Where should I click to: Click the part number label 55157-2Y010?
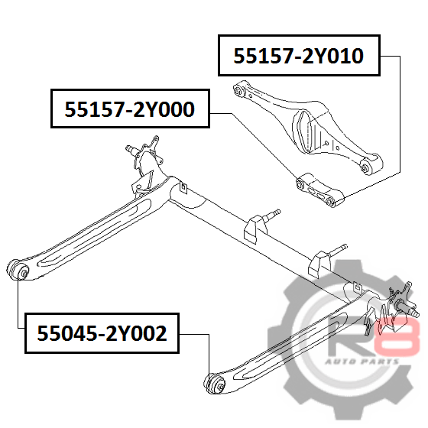point(299,55)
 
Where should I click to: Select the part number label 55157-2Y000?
point(130,109)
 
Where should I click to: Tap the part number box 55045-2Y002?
point(102,333)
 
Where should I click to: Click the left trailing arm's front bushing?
point(18,270)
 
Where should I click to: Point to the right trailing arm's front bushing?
point(215,384)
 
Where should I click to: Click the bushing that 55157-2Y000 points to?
point(301,183)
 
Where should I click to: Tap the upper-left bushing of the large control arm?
point(238,89)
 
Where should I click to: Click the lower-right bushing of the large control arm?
point(365,167)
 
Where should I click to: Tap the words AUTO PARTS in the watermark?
point(362,362)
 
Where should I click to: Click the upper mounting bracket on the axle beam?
point(252,229)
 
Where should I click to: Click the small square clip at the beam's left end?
point(184,187)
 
